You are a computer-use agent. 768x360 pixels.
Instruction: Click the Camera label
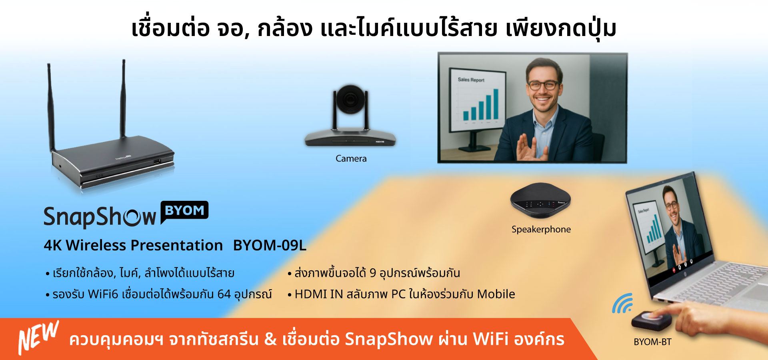click(x=351, y=158)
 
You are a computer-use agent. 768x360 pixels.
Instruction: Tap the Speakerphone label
click(x=541, y=229)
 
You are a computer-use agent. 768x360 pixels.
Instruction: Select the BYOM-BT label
click(x=652, y=342)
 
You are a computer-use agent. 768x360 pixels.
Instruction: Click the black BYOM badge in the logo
click(x=184, y=211)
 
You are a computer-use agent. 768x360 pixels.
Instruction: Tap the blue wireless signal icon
click(x=622, y=303)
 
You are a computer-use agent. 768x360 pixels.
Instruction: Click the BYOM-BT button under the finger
click(x=651, y=319)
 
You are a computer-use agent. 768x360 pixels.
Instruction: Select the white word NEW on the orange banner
click(x=38, y=337)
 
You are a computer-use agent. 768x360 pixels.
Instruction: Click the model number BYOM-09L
click(x=270, y=245)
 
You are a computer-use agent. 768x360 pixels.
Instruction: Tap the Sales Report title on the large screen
click(x=471, y=80)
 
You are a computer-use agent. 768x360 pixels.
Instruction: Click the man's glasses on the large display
click(x=543, y=85)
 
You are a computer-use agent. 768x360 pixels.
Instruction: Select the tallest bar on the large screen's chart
click(x=496, y=104)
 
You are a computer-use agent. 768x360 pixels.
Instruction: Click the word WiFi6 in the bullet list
click(x=103, y=294)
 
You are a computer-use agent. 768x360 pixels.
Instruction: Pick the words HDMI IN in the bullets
click(x=318, y=294)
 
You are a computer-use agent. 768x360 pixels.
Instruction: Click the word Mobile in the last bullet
click(x=496, y=294)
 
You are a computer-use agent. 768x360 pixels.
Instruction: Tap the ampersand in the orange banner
click(x=270, y=339)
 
